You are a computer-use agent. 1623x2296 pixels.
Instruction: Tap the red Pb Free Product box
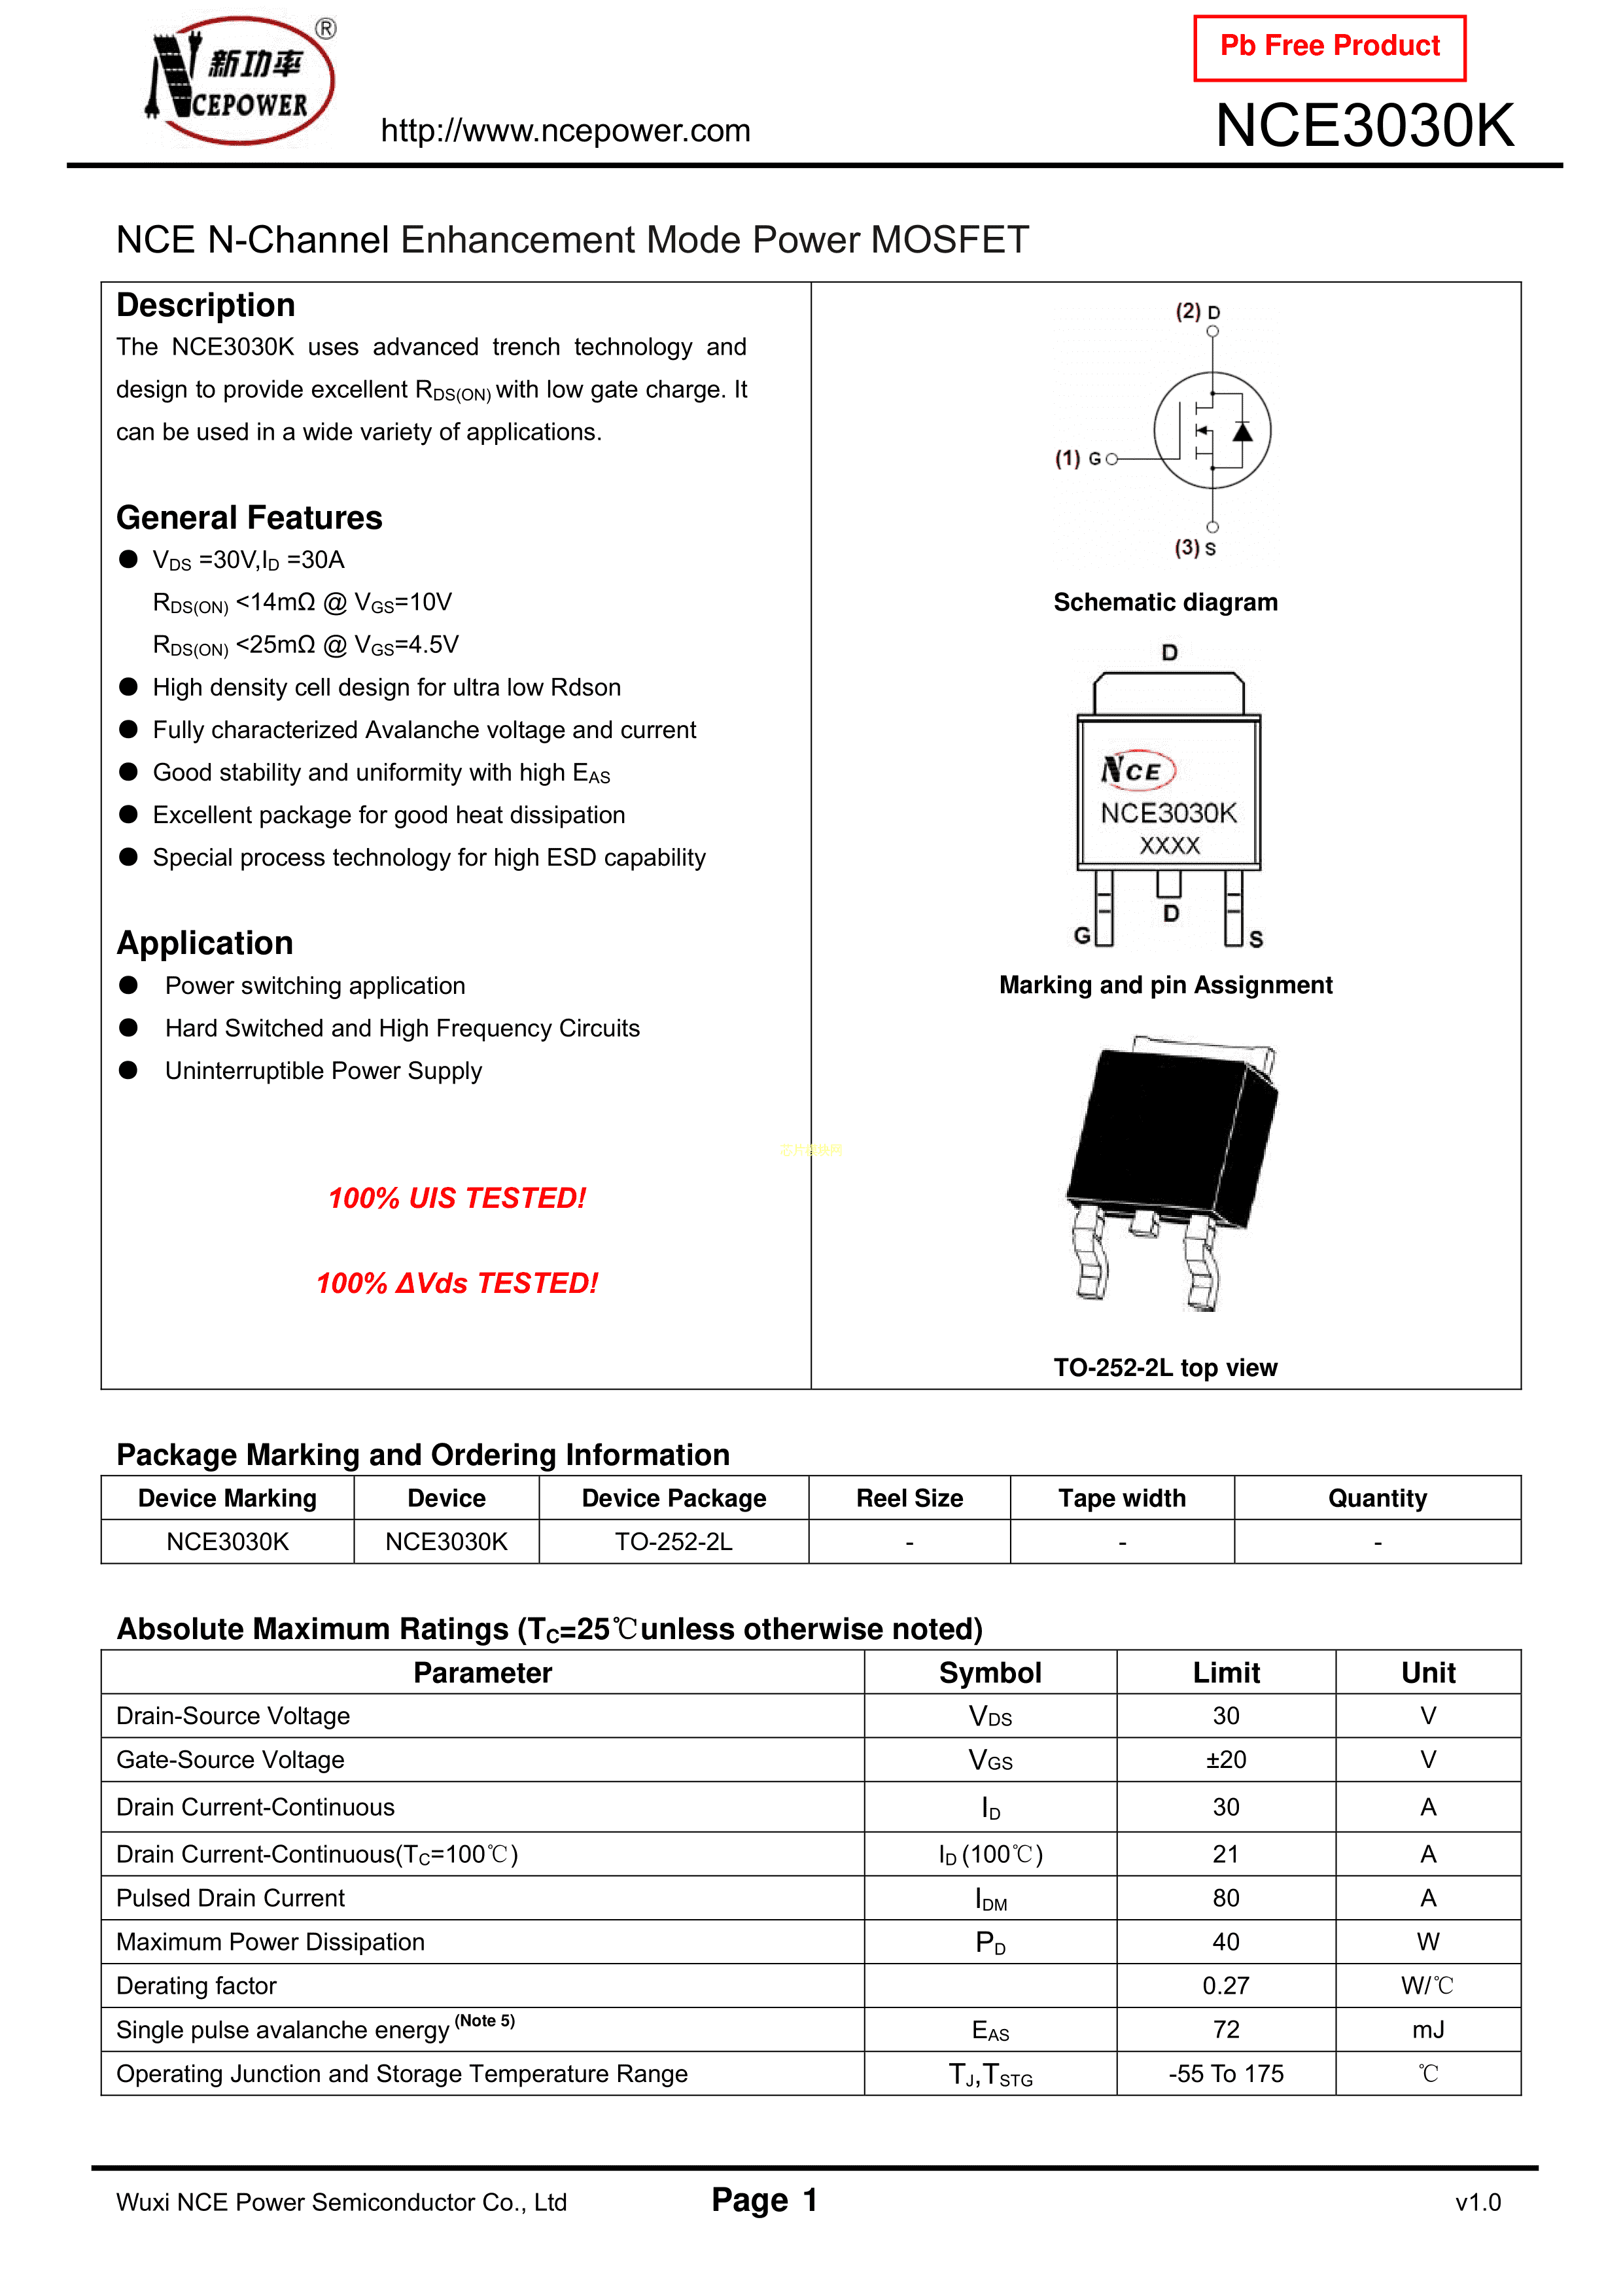[1329, 47]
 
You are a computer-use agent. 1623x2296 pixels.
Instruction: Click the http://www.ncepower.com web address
[565, 131]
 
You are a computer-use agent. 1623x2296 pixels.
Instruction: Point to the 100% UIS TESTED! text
[457, 1198]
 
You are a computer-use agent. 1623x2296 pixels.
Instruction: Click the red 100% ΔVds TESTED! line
[457, 1283]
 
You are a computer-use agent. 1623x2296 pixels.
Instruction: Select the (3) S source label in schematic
[1195, 548]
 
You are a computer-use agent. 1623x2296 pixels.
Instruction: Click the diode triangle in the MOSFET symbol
[1242, 432]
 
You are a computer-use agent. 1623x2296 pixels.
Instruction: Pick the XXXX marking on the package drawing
[1169, 846]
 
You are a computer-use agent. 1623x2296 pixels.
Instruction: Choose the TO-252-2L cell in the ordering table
[673, 1542]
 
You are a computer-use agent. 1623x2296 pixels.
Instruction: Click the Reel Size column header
[909, 1498]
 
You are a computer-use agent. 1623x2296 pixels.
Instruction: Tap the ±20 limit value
[1226, 1760]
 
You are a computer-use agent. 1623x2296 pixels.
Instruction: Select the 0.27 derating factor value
[1226, 1986]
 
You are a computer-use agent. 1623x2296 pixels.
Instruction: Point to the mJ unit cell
[1428, 2030]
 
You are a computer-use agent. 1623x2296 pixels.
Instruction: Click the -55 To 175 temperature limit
[1226, 2074]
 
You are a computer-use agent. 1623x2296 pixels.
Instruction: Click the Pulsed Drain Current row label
[231, 1898]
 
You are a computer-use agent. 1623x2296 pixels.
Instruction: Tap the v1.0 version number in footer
[1478, 2202]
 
